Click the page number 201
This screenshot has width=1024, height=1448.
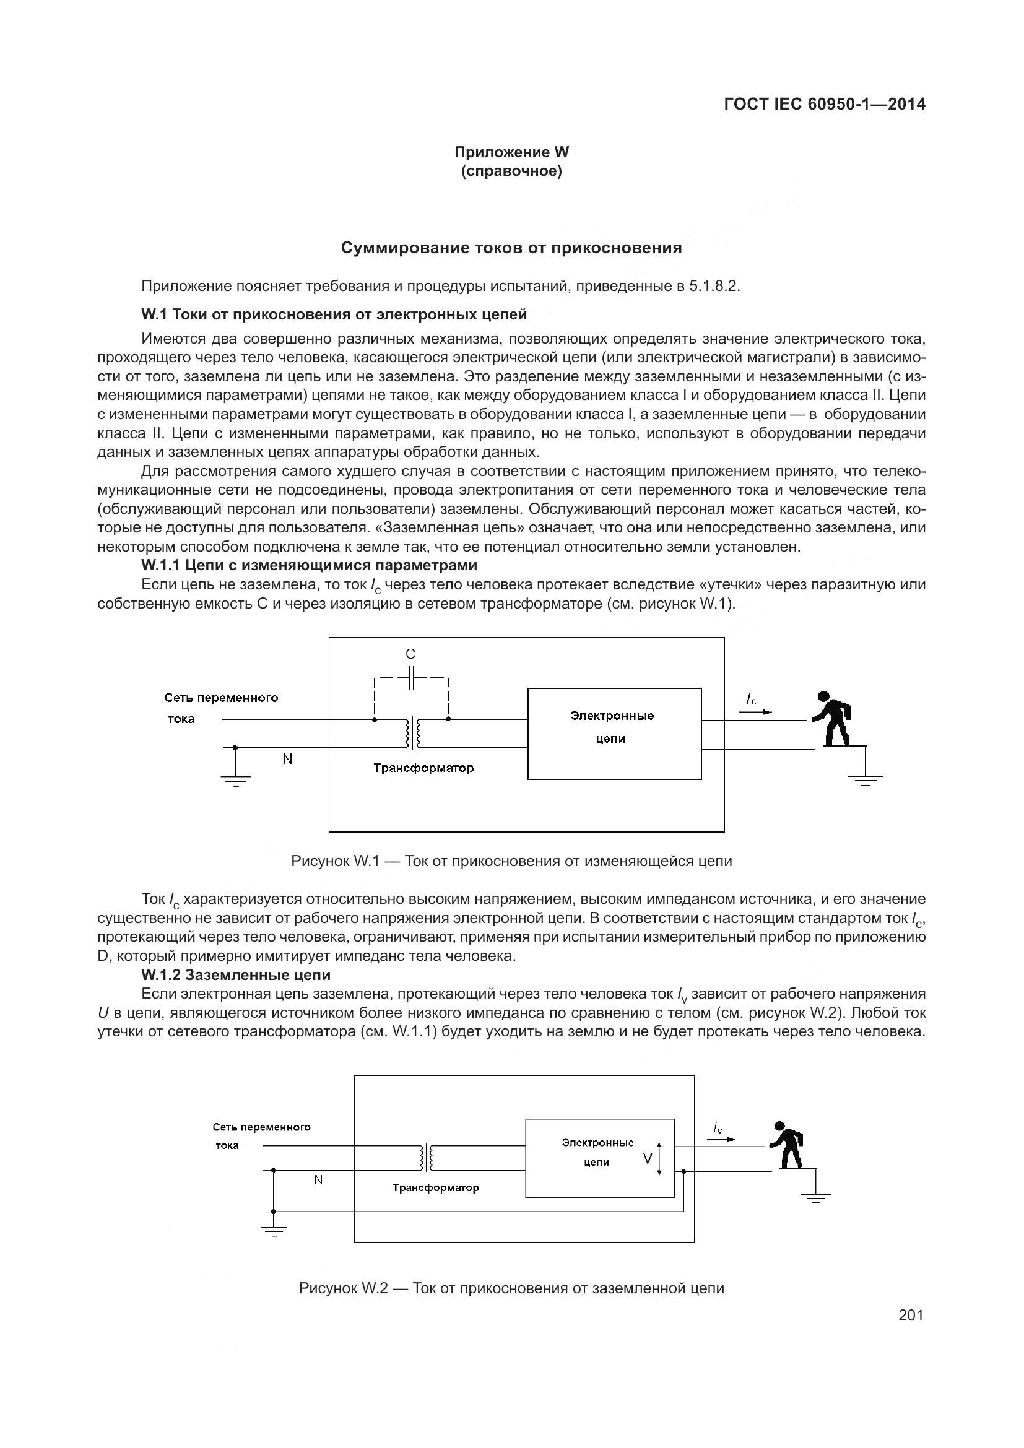[x=911, y=1315]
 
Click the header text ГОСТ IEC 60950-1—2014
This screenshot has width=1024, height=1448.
[x=825, y=104]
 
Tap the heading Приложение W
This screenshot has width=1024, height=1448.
[x=511, y=152]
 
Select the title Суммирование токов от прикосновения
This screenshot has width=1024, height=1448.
[x=511, y=248]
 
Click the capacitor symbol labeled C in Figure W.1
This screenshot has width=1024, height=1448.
[x=411, y=678]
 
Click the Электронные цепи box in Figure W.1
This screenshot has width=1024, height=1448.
[x=614, y=734]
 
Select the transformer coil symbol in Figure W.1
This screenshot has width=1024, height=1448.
[x=413, y=734]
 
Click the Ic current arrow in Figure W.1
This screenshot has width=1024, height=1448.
[x=755, y=711]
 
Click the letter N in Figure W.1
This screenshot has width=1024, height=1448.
[x=287, y=760]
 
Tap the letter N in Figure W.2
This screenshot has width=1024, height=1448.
[x=318, y=1179]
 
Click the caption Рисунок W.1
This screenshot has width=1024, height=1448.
[x=511, y=861]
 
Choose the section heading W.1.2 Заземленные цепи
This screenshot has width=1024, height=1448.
[x=236, y=975]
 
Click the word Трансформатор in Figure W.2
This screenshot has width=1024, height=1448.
[x=436, y=1187]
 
